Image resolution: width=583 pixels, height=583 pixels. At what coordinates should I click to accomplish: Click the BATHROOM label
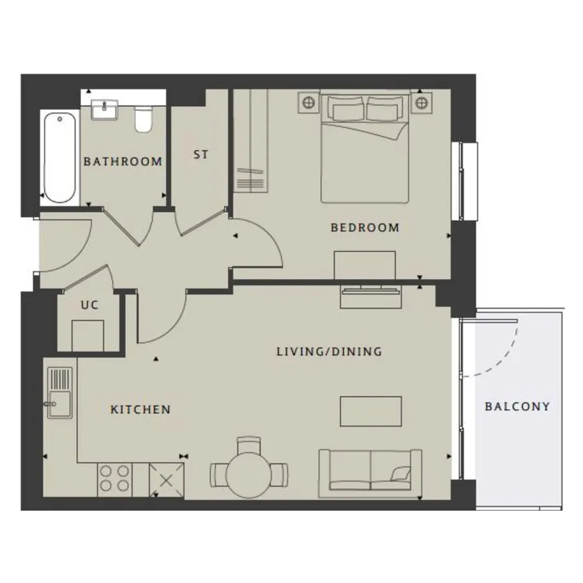123,162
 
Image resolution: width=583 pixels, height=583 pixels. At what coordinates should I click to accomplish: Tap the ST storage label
201,154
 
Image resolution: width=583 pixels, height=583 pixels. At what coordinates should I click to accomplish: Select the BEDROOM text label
365,227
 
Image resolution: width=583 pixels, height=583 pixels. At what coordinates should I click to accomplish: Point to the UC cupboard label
89,305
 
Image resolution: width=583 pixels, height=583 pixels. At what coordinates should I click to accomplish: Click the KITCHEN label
141,410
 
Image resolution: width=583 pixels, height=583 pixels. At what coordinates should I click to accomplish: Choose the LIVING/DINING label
329,352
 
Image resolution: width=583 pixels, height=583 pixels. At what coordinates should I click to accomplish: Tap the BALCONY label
517,406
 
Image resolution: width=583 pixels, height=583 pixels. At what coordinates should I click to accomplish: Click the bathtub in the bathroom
60,157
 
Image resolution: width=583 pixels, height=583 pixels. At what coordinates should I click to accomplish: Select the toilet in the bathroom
144,119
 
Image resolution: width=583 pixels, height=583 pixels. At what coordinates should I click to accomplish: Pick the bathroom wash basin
105,110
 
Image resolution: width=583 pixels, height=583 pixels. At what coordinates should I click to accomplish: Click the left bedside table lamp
308,102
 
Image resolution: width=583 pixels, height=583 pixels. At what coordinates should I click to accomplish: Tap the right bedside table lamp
421,102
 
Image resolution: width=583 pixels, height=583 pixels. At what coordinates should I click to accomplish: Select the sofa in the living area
370,473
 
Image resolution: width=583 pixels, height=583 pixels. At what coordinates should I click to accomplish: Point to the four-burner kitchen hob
115,479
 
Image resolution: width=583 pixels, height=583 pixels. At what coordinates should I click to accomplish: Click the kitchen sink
60,392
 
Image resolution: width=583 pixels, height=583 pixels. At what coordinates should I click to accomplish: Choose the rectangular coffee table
371,411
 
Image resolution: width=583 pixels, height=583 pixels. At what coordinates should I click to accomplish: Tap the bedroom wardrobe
250,141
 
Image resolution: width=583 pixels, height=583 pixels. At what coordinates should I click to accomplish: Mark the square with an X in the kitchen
167,480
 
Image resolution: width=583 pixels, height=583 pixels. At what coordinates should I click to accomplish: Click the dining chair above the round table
249,444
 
